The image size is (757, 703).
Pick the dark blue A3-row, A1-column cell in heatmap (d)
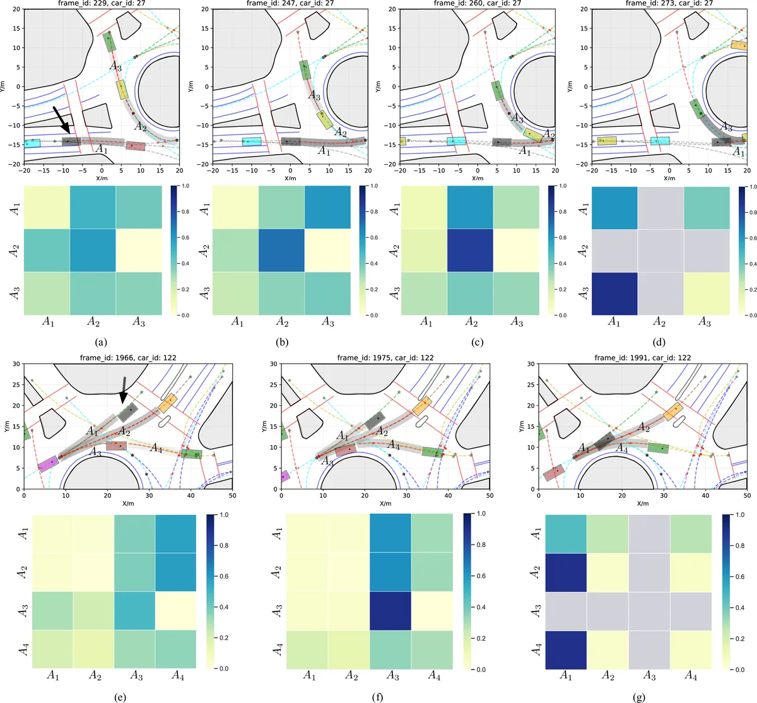coord(614,293)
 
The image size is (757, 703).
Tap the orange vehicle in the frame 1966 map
coord(167,402)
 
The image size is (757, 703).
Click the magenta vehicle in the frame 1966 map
coord(49,464)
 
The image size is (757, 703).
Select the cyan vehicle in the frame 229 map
coord(32,144)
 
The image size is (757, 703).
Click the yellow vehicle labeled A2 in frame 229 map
coord(122,90)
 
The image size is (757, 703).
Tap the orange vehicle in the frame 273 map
coord(739,45)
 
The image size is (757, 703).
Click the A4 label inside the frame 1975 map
coord(394,445)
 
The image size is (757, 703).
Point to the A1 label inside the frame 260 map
coord(524,151)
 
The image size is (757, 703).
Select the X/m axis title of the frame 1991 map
coord(642,504)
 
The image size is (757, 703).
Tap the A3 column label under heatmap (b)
coord(327,322)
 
